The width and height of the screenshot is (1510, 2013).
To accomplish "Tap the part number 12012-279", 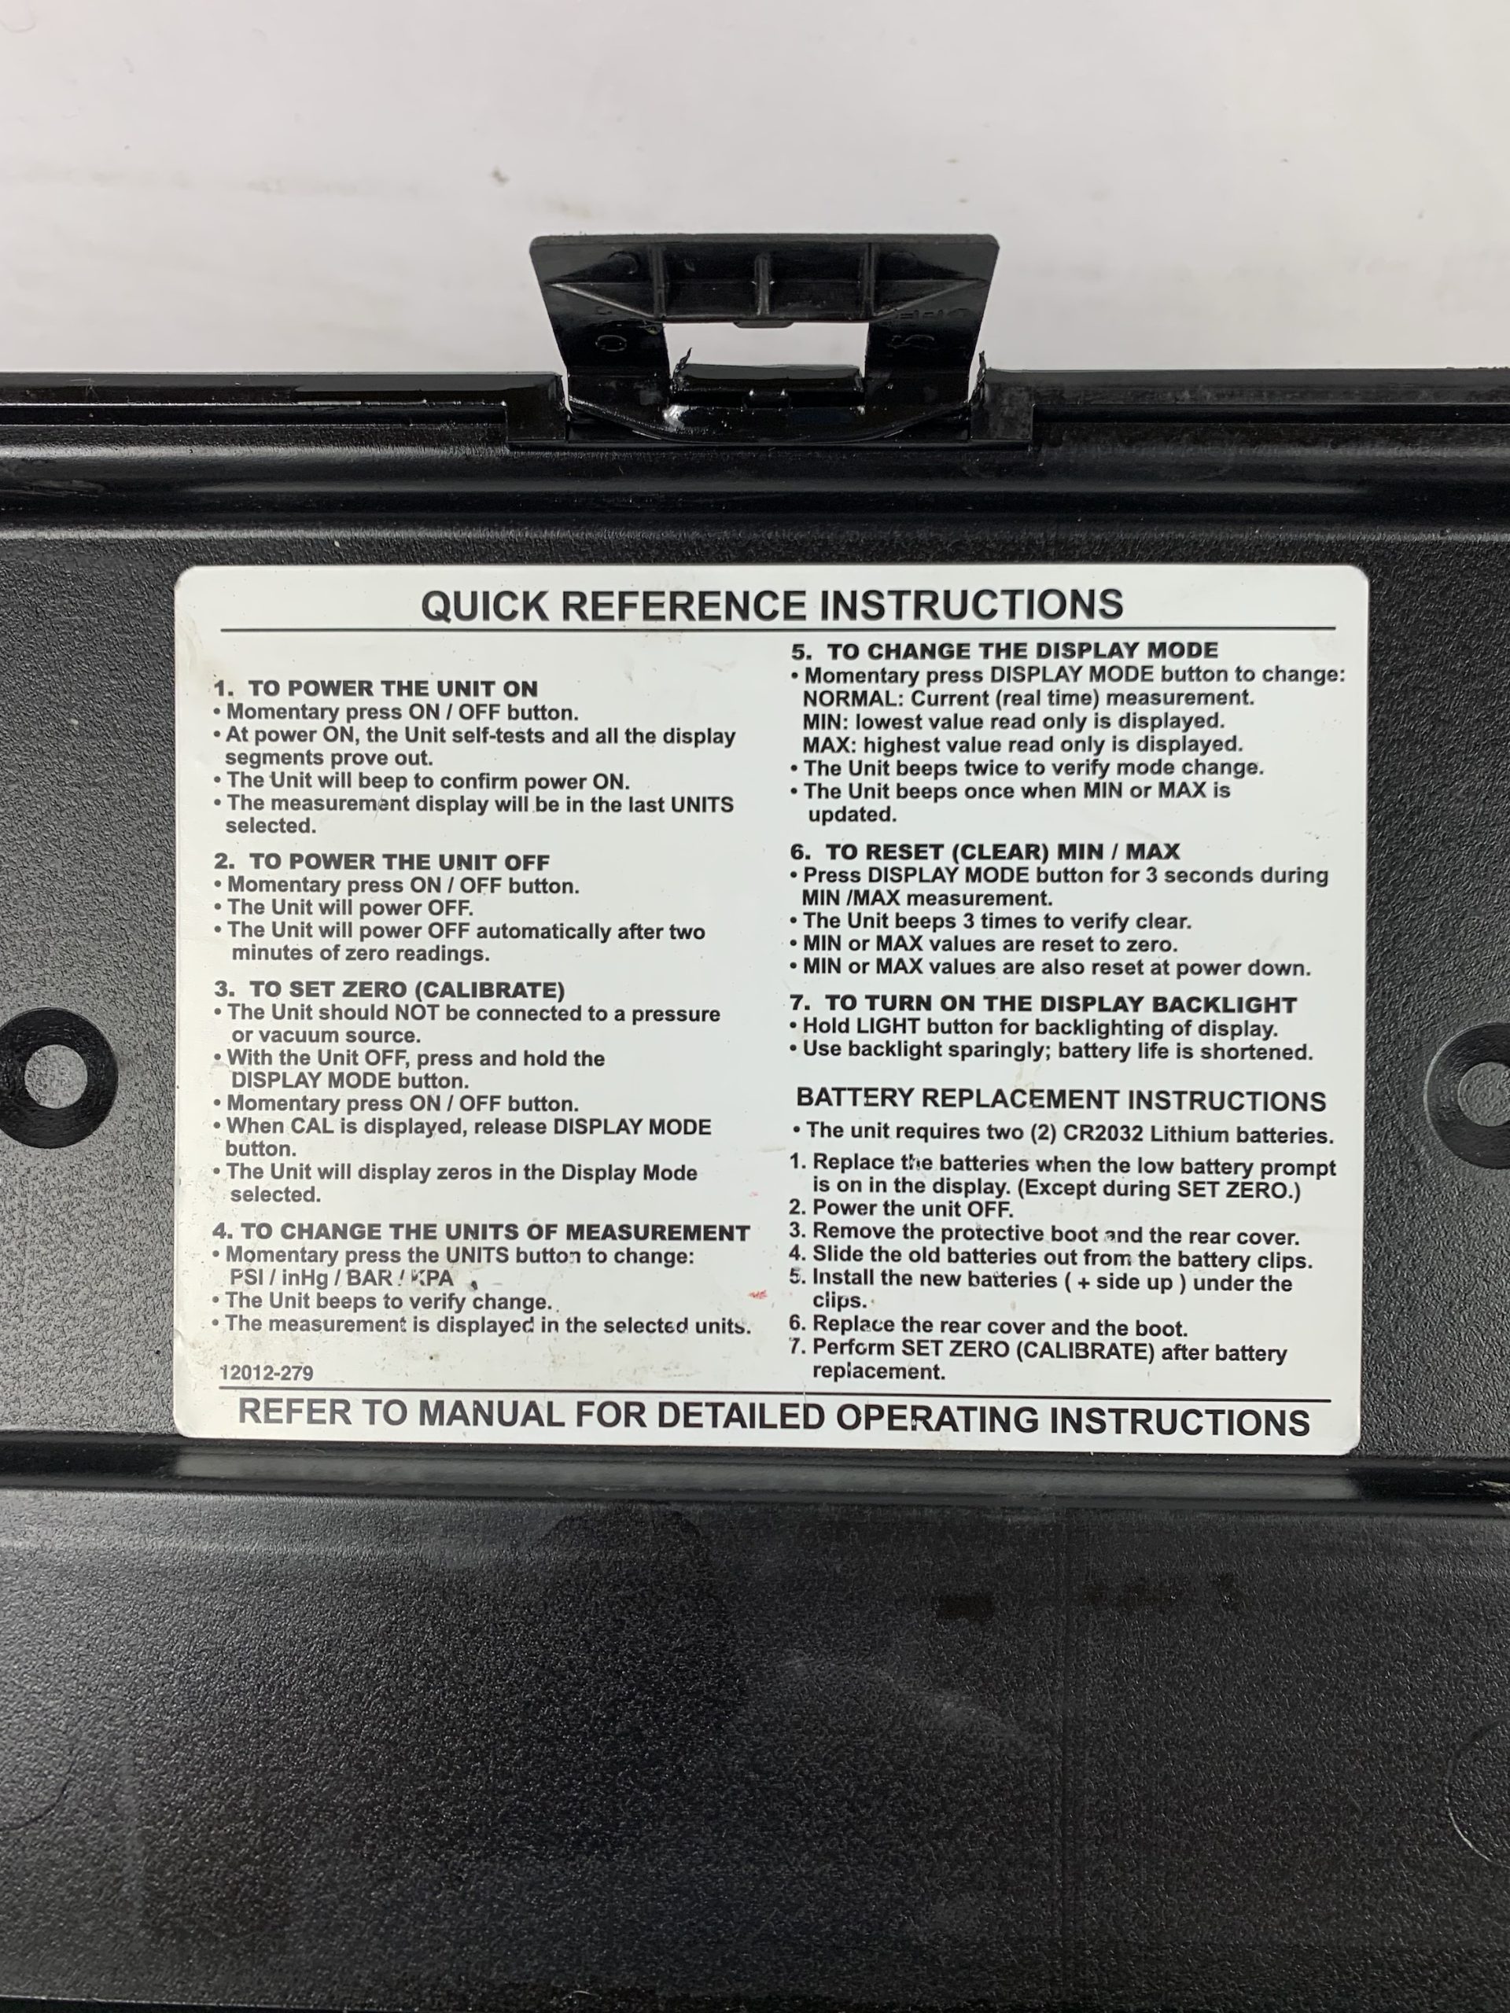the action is [267, 1371].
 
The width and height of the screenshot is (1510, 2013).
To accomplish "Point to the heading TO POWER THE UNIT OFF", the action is [382, 861].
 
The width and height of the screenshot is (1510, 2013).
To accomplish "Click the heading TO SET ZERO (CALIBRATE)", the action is [389, 989].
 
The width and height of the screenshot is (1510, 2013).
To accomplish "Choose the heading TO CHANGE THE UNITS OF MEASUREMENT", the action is [481, 1232].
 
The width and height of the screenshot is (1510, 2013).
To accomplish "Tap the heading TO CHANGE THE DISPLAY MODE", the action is [1005, 650].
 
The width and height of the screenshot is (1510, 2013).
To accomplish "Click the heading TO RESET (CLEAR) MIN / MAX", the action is [985, 852].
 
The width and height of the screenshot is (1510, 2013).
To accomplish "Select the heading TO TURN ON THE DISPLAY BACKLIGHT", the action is [1043, 1005].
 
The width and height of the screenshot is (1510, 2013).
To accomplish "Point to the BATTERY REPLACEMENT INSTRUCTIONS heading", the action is [1061, 1099].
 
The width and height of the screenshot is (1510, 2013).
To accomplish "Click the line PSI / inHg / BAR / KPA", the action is [341, 1278].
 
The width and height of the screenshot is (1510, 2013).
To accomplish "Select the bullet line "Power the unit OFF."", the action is [902, 1209].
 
